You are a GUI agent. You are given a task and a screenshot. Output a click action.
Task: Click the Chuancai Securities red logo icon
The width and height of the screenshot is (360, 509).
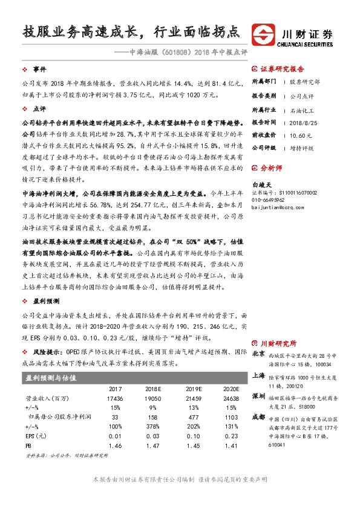264,33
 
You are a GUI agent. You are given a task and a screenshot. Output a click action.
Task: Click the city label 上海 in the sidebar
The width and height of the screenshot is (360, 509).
258,375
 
